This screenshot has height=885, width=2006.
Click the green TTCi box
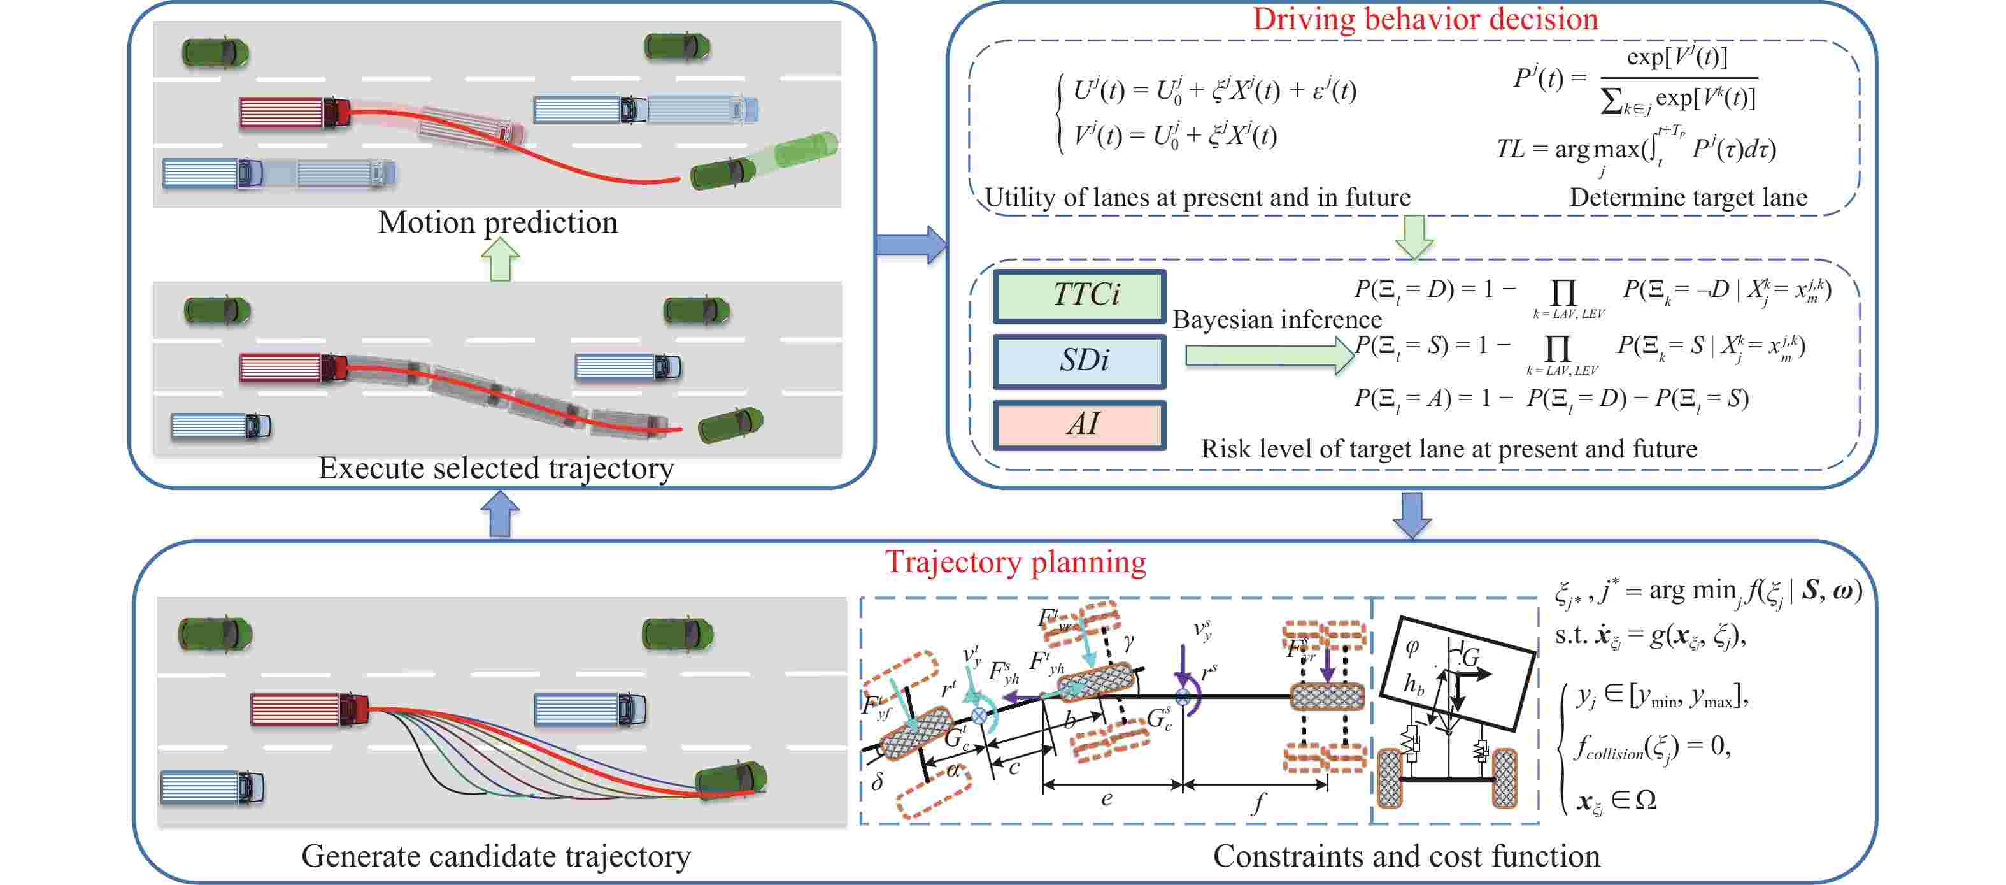coord(1079,295)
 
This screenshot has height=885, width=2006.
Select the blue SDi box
coord(1079,361)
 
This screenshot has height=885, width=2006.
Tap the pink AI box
coord(1079,424)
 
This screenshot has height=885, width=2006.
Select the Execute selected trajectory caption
coord(496,468)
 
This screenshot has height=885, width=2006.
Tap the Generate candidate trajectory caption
coord(495,856)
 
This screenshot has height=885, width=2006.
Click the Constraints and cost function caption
coord(1405,856)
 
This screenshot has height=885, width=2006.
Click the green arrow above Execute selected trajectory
coord(500,259)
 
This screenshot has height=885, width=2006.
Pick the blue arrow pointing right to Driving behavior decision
coord(909,245)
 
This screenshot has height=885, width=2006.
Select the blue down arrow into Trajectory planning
coord(1411,515)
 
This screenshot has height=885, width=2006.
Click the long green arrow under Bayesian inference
coord(1269,356)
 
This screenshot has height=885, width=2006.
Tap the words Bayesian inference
coord(1277,319)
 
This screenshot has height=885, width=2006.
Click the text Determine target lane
coord(1688,197)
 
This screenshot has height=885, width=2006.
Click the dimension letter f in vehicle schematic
coord(1257,802)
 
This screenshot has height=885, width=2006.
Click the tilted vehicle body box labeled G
coord(1456,672)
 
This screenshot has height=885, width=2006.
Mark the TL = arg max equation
coord(1635,148)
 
